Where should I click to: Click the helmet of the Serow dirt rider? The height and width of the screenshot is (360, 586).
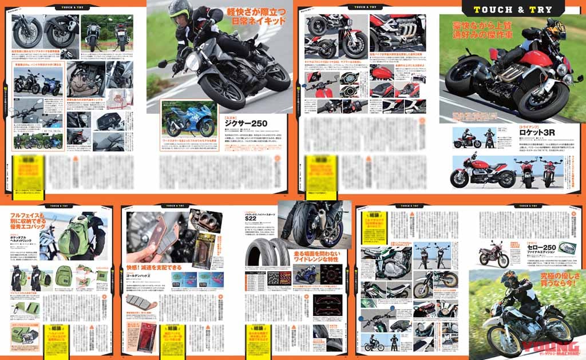click(509, 279)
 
